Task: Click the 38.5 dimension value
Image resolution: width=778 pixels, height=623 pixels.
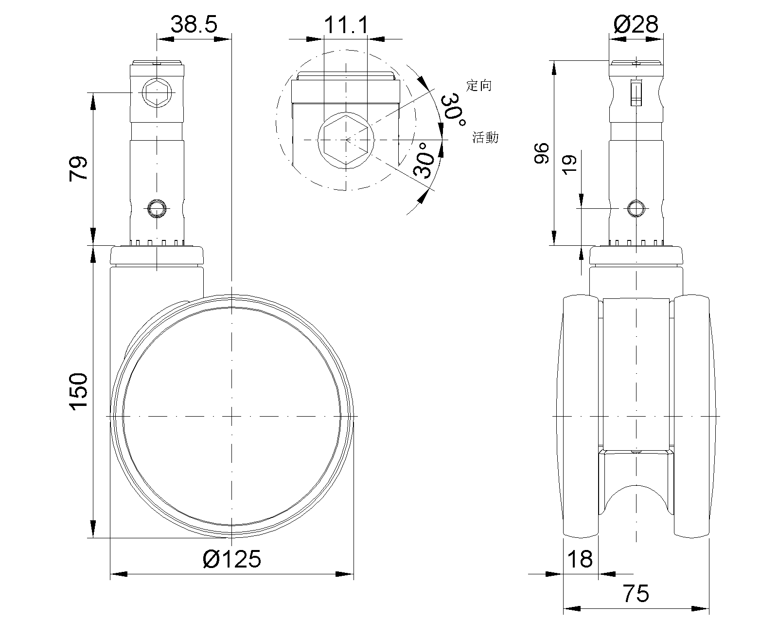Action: pyautogui.click(x=194, y=24)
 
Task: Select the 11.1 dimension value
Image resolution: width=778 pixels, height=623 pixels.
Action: pyautogui.click(x=346, y=25)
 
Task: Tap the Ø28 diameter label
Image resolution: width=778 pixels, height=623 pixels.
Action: pyautogui.click(x=636, y=24)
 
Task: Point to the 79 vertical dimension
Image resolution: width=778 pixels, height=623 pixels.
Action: pyautogui.click(x=78, y=168)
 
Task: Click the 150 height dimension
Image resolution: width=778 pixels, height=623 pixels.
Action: pyautogui.click(x=78, y=391)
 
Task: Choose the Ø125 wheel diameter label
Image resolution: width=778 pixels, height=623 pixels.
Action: pyautogui.click(x=232, y=559)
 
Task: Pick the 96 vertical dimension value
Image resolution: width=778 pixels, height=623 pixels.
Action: pyautogui.click(x=542, y=153)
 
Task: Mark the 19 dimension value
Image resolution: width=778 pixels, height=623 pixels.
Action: pyautogui.click(x=570, y=165)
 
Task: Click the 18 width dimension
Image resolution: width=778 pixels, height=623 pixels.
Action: pyautogui.click(x=580, y=559)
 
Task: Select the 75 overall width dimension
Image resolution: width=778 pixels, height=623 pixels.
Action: pyautogui.click(x=636, y=593)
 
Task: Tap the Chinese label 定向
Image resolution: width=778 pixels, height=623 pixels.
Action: pyautogui.click(x=478, y=86)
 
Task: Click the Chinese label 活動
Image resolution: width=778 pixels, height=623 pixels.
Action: pyautogui.click(x=485, y=137)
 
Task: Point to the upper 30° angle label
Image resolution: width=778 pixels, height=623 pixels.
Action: pyautogui.click(x=453, y=110)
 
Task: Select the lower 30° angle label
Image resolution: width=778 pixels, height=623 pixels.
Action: pyautogui.click(x=424, y=161)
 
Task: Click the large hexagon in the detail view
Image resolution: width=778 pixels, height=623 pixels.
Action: pyautogui.click(x=346, y=140)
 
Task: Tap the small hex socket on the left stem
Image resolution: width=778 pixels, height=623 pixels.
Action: pyautogui.click(x=157, y=92)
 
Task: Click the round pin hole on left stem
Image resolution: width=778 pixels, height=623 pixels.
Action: pyautogui.click(x=157, y=208)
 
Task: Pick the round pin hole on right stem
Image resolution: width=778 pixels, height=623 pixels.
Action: pyautogui.click(x=636, y=208)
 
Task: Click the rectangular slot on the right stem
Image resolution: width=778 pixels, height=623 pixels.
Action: pyautogui.click(x=636, y=92)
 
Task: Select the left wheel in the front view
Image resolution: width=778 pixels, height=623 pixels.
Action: pyautogui.click(x=581, y=416)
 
